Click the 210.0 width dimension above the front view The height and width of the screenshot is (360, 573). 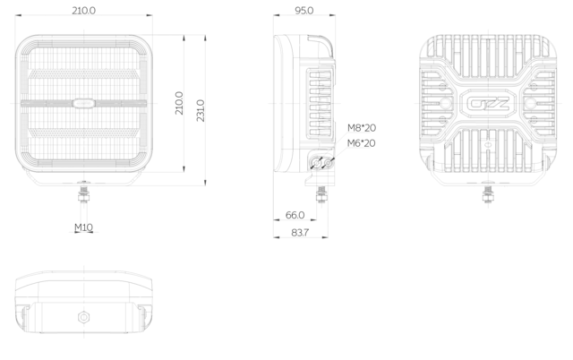(83, 10)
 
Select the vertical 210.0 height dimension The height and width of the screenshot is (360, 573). (179, 103)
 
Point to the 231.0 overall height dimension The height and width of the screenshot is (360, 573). (201, 110)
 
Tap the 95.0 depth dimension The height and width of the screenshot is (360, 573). (304, 11)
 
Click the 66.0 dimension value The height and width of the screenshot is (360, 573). (295, 215)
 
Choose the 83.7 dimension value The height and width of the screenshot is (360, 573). (300, 233)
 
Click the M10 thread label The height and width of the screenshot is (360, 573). (83, 227)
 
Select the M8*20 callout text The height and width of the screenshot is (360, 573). (362, 128)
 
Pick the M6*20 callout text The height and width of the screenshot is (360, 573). (361, 143)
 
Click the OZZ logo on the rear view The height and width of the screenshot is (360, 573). (488, 104)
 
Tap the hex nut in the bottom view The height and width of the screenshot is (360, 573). (83, 317)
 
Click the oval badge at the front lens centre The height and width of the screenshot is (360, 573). (83, 103)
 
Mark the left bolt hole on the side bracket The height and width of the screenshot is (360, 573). (316, 163)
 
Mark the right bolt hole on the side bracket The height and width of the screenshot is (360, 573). (329, 163)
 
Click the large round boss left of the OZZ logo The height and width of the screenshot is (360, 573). (445, 103)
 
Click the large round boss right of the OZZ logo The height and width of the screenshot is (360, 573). (530, 103)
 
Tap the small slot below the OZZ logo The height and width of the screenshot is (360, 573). (487, 145)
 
